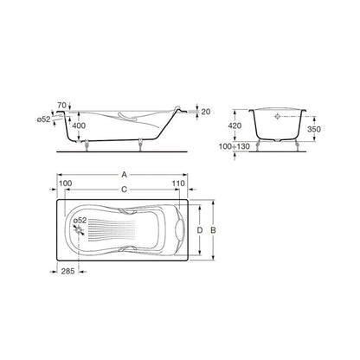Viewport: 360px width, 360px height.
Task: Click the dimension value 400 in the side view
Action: point(79,125)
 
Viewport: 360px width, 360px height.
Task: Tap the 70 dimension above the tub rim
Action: point(61,105)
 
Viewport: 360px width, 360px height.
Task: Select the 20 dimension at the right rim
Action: point(206,112)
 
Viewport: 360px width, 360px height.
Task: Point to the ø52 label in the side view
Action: point(44,119)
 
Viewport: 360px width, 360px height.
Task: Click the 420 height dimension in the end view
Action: point(235,125)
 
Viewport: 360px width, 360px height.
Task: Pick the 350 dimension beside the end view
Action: point(314,129)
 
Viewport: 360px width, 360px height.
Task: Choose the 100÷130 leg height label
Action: point(235,146)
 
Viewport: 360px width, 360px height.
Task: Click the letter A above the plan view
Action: point(124,174)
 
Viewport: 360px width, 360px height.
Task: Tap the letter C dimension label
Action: point(124,190)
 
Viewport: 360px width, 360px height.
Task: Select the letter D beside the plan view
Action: point(200,230)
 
